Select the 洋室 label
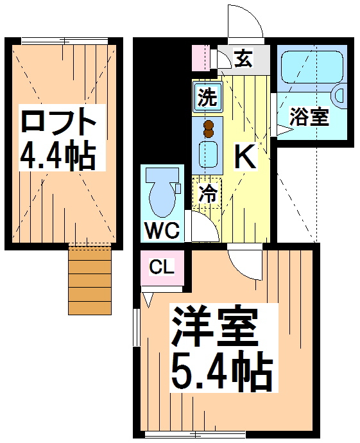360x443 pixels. (x=213, y=329)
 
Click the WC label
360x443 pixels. (x=161, y=229)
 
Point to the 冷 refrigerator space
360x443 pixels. (x=207, y=193)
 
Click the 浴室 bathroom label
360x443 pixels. (x=309, y=117)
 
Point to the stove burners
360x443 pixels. (x=208, y=128)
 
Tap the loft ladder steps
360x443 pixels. (x=89, y=281)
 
